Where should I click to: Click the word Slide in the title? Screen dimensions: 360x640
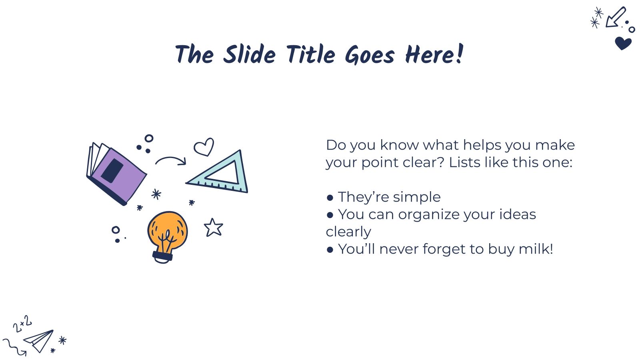tap(249, 55)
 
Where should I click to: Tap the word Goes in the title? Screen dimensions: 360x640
tap(370, 55)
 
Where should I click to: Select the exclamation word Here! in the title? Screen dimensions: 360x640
tap(434, 55)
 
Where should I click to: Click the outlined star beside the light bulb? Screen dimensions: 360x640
tap(213, 228)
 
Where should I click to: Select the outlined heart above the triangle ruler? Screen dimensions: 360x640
tap(204, 147)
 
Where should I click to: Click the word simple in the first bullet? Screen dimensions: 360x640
tap(417, 197)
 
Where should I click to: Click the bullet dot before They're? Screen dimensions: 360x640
tap(330, 198)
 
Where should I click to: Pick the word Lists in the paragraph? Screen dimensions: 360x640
tap(464, 162)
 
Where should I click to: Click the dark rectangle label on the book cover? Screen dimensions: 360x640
tap(112, 170)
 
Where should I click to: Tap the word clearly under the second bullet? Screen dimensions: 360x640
tap(348, 232)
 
